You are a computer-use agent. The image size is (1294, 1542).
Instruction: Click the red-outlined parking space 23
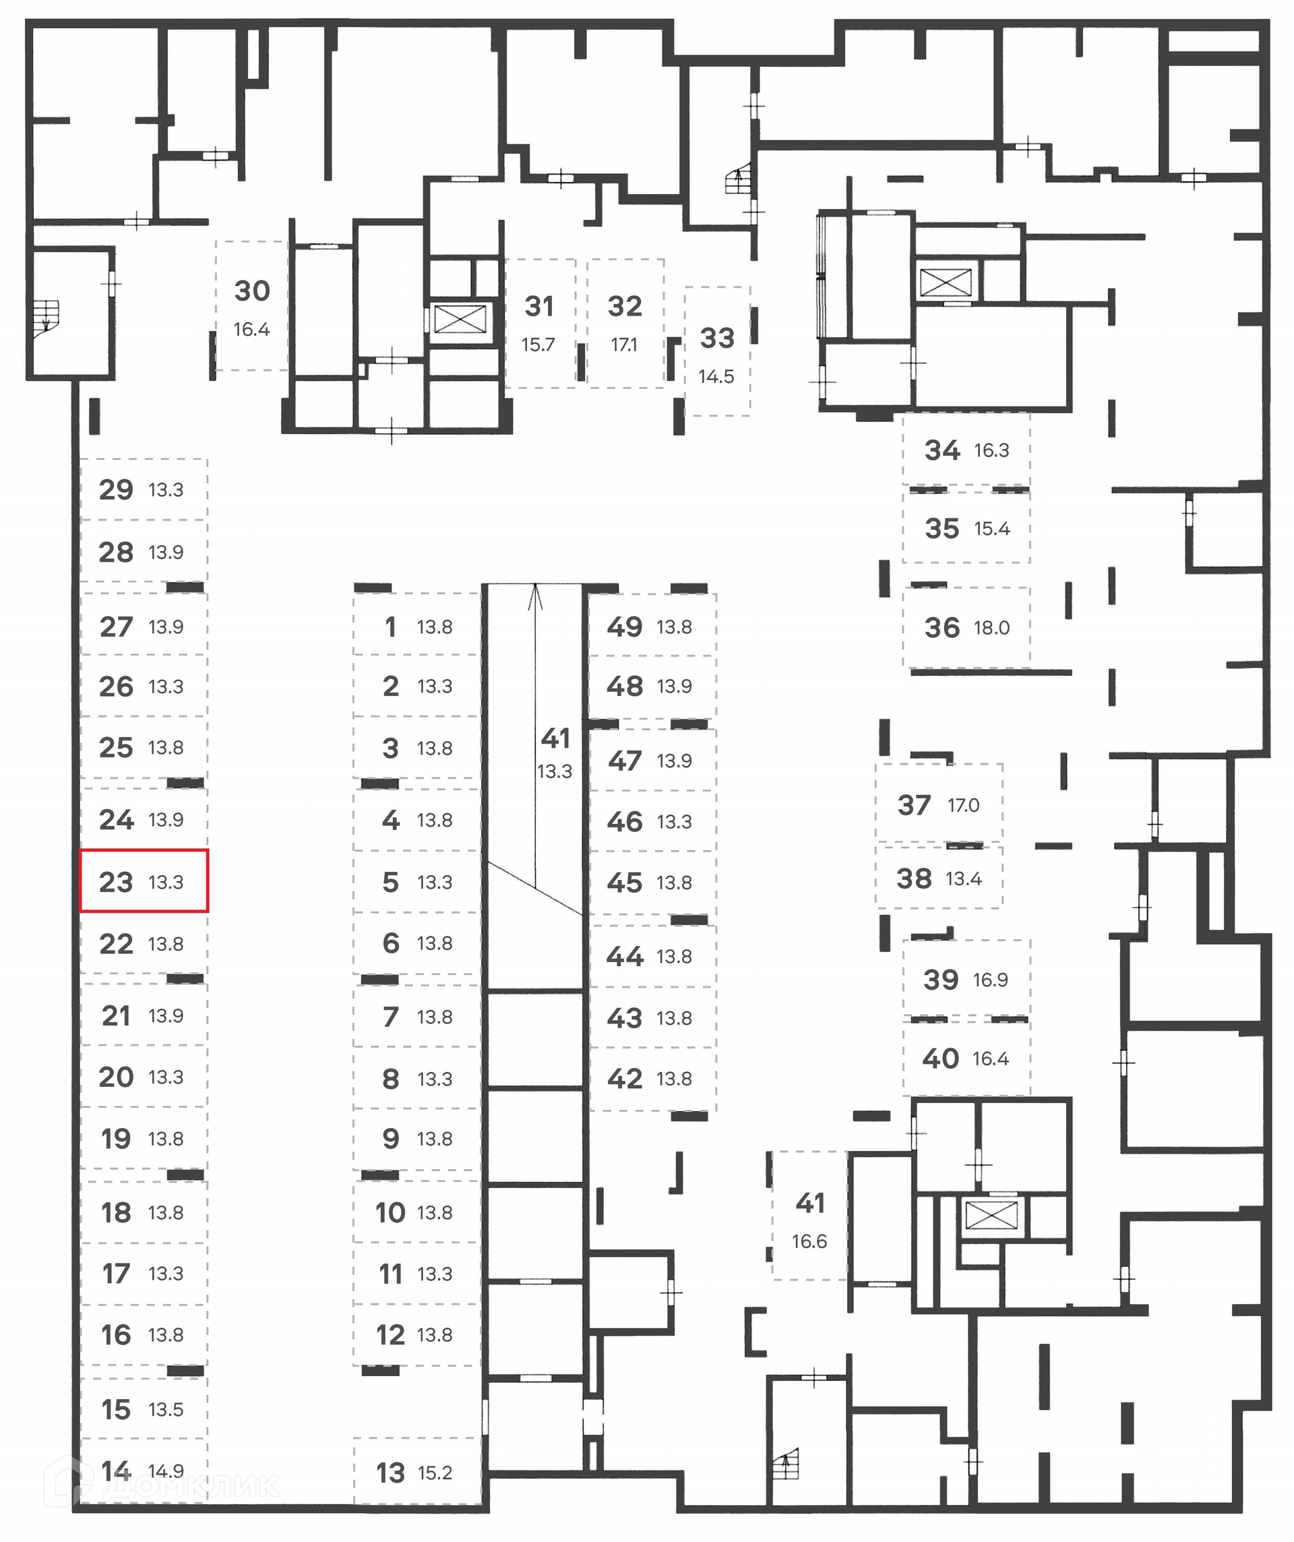pyautogui.click(x=144, y=881)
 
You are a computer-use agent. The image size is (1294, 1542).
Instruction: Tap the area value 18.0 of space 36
pyautogui.click(x=991, y=628)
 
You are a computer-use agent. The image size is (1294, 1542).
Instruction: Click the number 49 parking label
pyautogui.click(x=625, y=626)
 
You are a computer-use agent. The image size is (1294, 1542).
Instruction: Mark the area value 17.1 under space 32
pyautogui.click(x=625, y=345)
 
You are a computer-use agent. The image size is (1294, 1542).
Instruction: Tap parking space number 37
pyautogui.click(x=914, y=805)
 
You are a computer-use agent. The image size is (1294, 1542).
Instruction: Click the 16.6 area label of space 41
pyautogui.click(x=809, y=1241)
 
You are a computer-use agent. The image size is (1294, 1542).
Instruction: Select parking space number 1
pyautogui.click(x=390, y=626)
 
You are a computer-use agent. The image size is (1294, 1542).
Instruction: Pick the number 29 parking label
pyautogui.click(x=116, y=489)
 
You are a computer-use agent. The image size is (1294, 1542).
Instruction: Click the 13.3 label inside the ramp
pyautogui.click(x=554, y=772)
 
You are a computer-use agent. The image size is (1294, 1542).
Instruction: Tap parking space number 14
pyautogui.click(x=116, y=1471)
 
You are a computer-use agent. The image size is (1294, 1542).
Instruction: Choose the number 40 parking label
pyautogui.click(x=940, y=1058)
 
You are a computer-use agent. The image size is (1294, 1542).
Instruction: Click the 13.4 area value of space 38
pyautogui.click(x=963, y=879)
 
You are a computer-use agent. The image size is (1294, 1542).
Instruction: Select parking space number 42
pyautogui.click(x=625, y=1078)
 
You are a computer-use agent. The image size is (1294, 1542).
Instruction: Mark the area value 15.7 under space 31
pyautogui.click(x=538, y=345)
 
